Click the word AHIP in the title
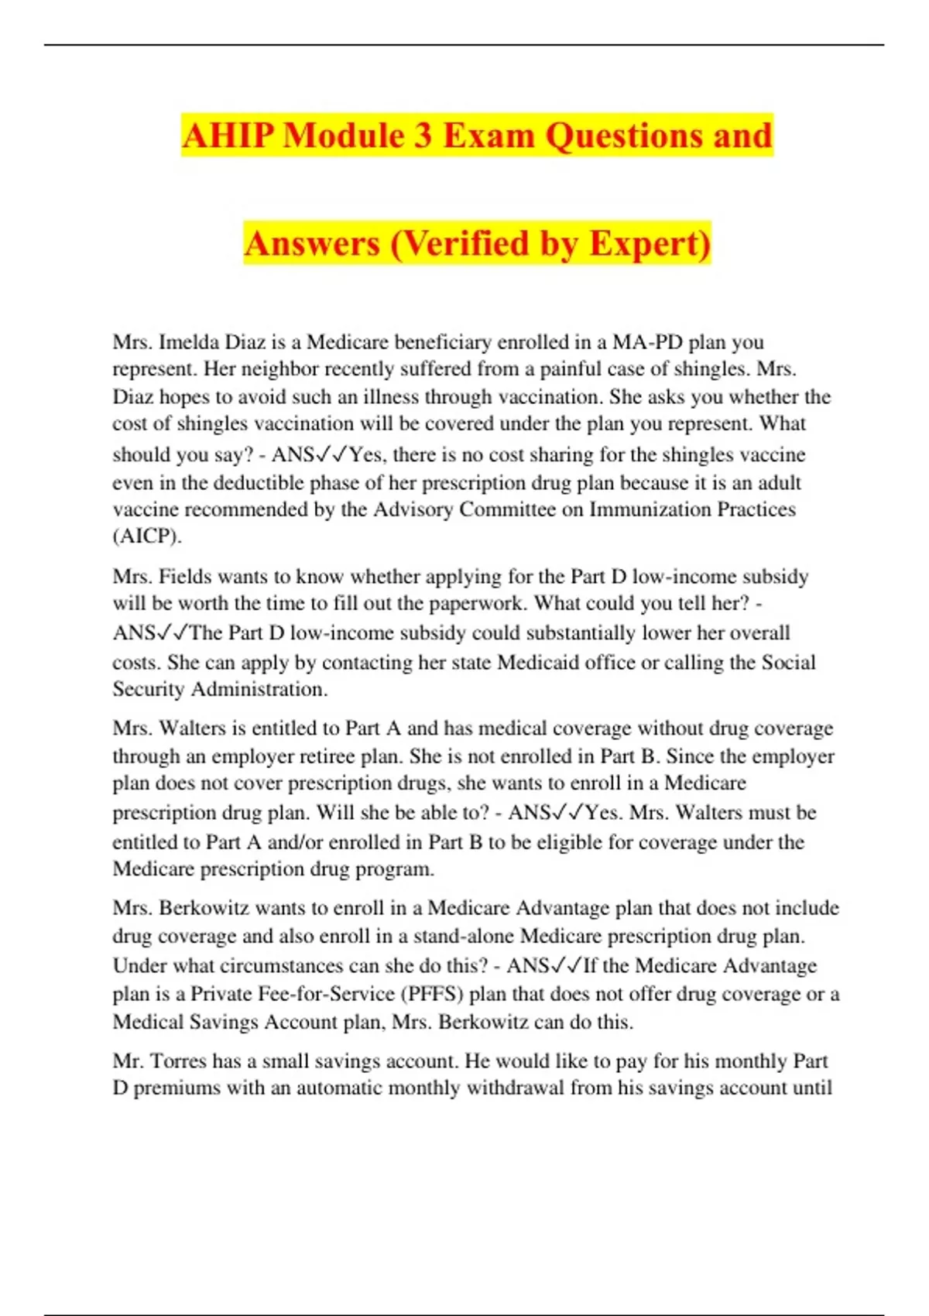(228, 135)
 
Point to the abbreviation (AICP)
(147, 536)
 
